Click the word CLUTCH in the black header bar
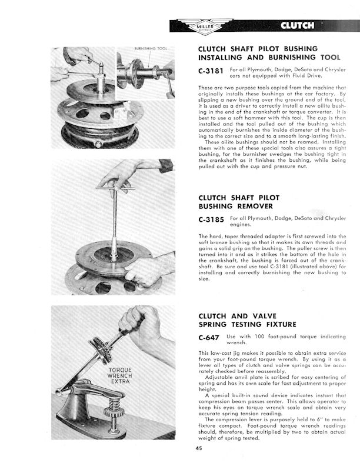[x=297, y=25]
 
